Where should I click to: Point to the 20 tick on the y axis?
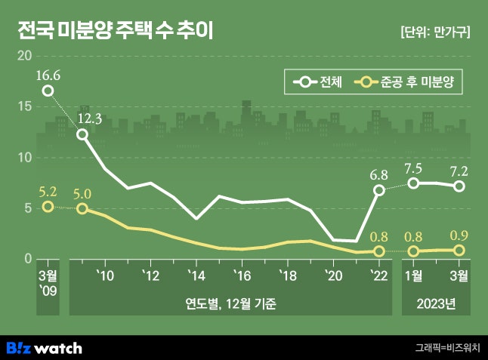pyautogui.click(x=24, y=56)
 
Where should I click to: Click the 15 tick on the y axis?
pyautogui.click(x=24, y=106)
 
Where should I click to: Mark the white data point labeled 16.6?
pyautogui.click(x=48, y=91)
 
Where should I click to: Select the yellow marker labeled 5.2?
pyautogui.click(x=48, y=207)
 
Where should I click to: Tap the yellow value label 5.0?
pyautogui.click(x=82, y=192)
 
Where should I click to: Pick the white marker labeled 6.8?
pyautogui.click(x=379, y=190)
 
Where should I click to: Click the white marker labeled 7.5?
pyautogui.click(x=413, y=183)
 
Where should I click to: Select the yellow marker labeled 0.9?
pyautogui.click(x=459, y=250)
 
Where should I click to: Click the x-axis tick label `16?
pyautogui.click(x=241, y=275)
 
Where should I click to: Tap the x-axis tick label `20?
pyautogui.click(x=333, y=275)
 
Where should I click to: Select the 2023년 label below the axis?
pyautogui.click(x=437, y=304)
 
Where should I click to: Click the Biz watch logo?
pyautogui.click(x=45, y=348)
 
